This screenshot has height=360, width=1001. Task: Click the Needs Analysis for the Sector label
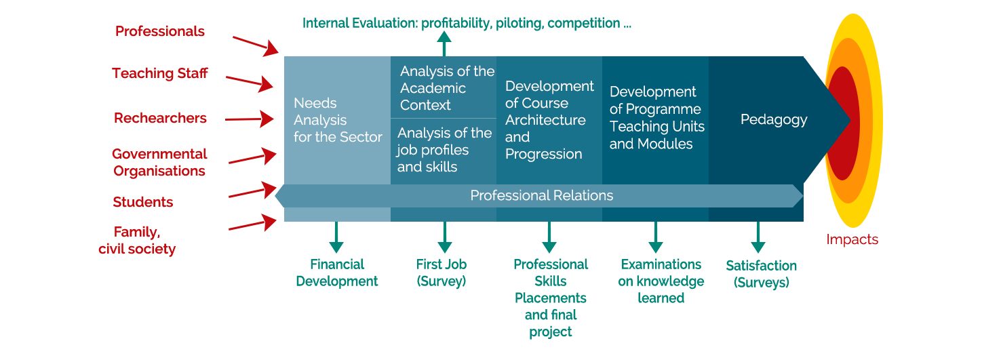point(338,120)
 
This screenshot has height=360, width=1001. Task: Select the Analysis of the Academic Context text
point(447,88)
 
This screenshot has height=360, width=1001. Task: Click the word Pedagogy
point(774,120)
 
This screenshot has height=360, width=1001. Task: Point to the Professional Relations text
point(541,196)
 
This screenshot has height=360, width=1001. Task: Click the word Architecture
point(545,120)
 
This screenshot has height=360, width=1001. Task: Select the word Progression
point(543,154)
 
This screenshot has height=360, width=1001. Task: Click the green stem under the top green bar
point(444,43)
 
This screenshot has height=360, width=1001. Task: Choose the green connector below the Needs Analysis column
point(336,239)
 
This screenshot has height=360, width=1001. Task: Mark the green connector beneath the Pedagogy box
point(758,239)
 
